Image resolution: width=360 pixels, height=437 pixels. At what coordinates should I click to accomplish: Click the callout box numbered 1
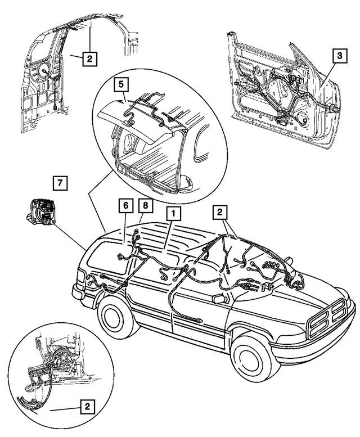coord(173,214)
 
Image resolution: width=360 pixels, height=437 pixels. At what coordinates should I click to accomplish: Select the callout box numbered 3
coord(339,56)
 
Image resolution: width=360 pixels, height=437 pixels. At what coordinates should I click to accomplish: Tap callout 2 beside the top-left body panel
coord(90,57)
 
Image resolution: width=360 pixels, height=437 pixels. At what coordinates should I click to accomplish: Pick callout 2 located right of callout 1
coord(219,213)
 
